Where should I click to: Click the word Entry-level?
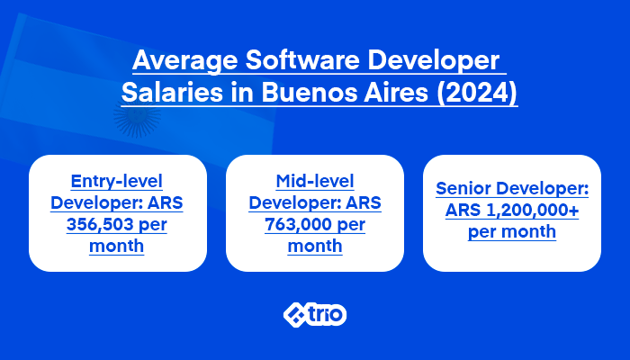click(117, 179)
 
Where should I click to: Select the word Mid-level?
click(314, 179)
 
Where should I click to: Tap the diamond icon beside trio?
click(296, 315)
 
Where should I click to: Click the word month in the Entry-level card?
click(117, 245)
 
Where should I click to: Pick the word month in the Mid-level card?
click(314, 245)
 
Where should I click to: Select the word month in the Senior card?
click(530, 232)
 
